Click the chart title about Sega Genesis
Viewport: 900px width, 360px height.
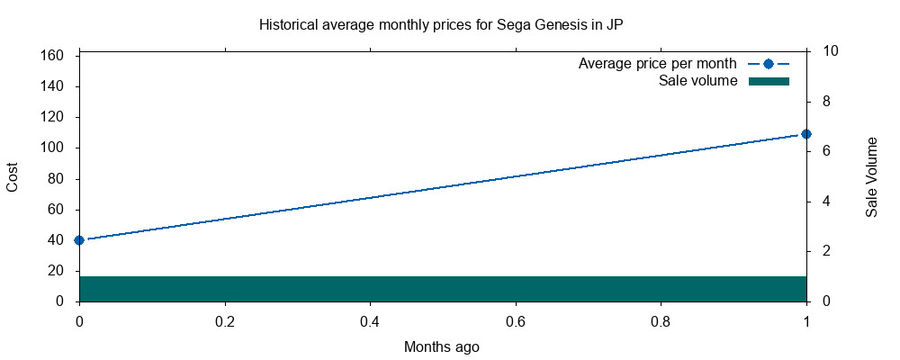click(x=441, y=24)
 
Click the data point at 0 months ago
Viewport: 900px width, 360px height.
click(x=79, y=240)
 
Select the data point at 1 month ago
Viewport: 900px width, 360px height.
click(x=806, y=134)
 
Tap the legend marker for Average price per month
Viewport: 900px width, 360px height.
click(x=768, y=64)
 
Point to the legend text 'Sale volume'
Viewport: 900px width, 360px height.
click(x=697, y=81)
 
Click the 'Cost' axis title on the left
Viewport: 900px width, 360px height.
click(x=13, y=176)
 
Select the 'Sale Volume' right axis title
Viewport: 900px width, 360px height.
click(x=871, y=176)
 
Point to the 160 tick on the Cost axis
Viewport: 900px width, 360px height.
click(x=52, y=56)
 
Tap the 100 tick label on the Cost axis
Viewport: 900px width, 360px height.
click(x=52, y=148)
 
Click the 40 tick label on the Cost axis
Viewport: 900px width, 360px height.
click(x=57, y=240)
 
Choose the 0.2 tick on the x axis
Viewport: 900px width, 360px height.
click(x=225, y=320)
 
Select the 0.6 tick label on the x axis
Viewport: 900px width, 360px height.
click(x=516, y=320)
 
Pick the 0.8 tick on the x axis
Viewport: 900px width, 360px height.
click(x=661, y=320)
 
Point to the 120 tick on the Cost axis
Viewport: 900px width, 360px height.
click(x=52, y=117)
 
